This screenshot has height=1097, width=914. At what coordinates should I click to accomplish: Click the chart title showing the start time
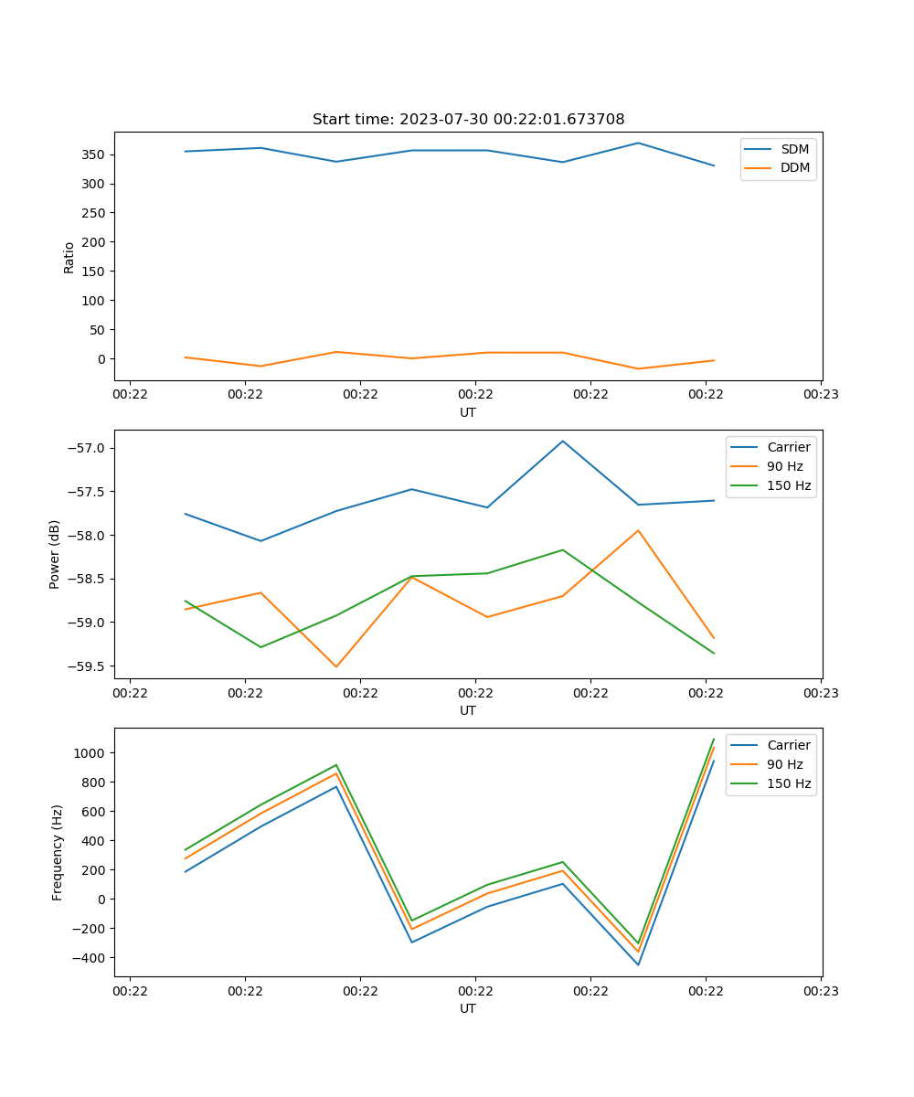(x=468, y=120)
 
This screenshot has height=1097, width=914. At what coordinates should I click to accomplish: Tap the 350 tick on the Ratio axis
(x=94, y=154)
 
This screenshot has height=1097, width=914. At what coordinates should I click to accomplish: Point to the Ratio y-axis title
(x=69, y=257)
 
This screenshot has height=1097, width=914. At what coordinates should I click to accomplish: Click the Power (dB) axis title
(x=55, y=554)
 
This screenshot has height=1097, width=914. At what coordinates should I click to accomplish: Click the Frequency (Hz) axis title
(x=57, y=852)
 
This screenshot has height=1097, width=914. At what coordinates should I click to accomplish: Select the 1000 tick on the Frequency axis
(x=90, y=753)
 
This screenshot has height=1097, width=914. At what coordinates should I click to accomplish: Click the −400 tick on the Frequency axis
(x=89, y=958)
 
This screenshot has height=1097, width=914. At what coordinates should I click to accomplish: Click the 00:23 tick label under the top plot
(x=820, y=395)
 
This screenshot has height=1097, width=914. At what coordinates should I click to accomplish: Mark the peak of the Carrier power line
(x=563, y=442)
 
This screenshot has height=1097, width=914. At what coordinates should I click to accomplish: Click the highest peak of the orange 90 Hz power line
(x=638, y=530)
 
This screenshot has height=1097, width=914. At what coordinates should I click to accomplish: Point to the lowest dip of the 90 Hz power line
(x=336, y=666)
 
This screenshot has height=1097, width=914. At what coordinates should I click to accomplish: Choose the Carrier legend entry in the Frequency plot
(x=788, y=745)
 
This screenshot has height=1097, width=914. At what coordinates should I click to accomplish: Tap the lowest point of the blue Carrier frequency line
(x=638, y=964)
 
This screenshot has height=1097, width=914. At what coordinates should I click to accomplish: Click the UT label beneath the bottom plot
(x=468, y=1008)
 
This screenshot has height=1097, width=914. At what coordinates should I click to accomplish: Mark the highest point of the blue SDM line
(x=638, y=143)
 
